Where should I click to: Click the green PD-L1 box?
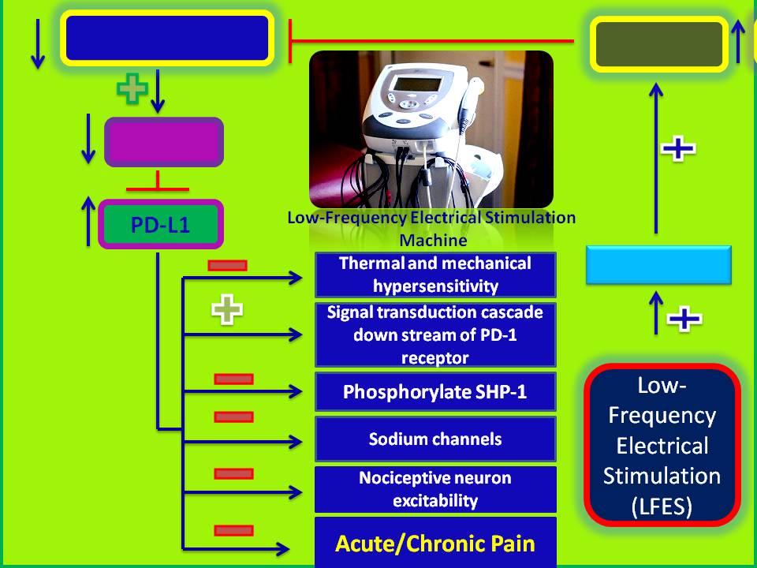coord(161,225)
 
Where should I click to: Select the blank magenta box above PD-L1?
coord(164,142)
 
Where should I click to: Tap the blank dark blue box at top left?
coord(167,38)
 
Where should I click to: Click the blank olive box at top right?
coord(659,43)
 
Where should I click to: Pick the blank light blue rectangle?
coord(658,264)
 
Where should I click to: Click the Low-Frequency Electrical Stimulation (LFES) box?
coord(662,446)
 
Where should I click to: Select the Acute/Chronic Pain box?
coord(435,543)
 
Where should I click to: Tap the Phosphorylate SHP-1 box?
coord(435,392)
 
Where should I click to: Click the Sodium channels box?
coord(435,439)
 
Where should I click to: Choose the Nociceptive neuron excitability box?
coord(435,489)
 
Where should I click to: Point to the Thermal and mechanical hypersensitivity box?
coord(435,274)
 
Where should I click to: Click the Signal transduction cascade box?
coord(435,334)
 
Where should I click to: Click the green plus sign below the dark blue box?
coord(132,89)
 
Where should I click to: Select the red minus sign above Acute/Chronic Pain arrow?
coord(233,530)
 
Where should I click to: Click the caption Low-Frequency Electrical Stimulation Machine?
coord(432,228)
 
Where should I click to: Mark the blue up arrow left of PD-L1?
coord(88,222)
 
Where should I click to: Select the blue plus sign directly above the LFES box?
coord(684,319)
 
